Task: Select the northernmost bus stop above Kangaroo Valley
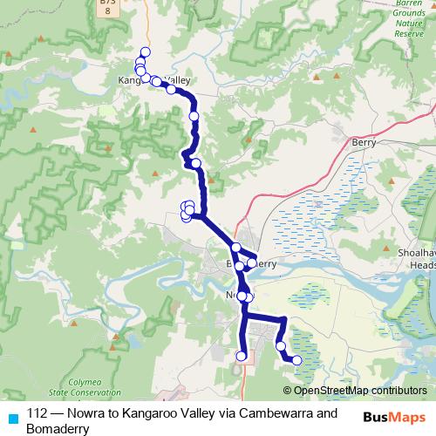point(145,52)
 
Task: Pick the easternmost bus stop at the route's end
point(296,360)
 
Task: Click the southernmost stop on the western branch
point(242,355)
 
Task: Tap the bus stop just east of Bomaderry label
point(252,262)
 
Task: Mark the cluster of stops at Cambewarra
point(187,210)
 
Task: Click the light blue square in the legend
point(12,416)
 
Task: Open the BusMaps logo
point(395,416)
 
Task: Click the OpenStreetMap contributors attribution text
point(360,391)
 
